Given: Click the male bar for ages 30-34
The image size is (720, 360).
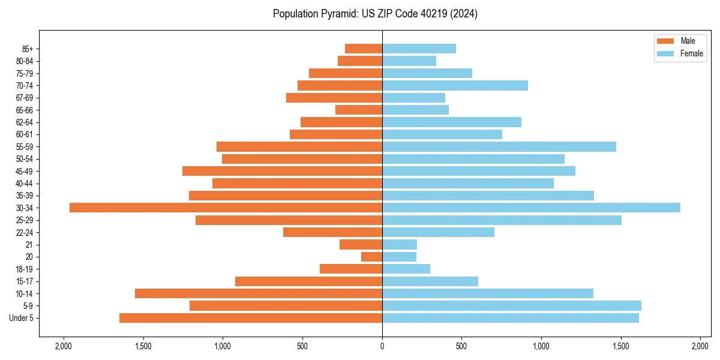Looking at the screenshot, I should point(226,208).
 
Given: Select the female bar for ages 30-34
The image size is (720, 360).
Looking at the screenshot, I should point(531,208).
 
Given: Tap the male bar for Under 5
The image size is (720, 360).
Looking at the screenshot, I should point(251,318).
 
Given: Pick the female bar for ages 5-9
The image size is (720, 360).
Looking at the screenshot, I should point(512,305).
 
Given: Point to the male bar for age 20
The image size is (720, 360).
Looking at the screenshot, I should point(371,257).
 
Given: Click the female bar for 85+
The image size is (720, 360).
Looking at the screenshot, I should point(419,49).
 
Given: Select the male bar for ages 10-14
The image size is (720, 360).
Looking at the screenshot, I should point(259,293).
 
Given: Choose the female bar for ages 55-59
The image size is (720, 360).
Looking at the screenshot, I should point(499,146).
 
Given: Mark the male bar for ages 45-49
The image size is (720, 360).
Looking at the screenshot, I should point(282,171).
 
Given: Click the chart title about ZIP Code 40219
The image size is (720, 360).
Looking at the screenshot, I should point(375,14).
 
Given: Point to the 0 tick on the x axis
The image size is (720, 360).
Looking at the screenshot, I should point(382,347).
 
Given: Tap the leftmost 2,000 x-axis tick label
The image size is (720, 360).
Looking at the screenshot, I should point(63,347).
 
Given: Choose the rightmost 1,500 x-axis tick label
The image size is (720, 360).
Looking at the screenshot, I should point(621,347).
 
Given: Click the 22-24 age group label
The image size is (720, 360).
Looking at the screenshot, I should point(24,232).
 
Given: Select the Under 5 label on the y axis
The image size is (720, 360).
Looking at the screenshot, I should point(21,318).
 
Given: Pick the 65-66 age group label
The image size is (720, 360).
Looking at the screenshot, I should point(24,110).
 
